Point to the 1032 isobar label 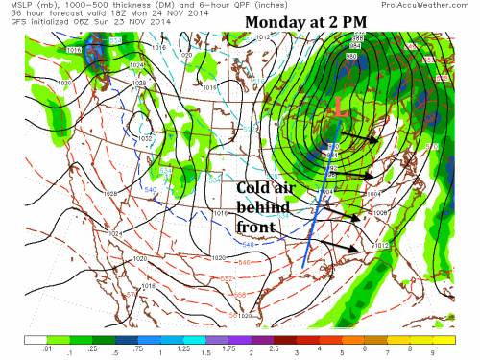point(147,138)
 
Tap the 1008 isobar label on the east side point(380,211)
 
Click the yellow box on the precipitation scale point(442,339)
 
